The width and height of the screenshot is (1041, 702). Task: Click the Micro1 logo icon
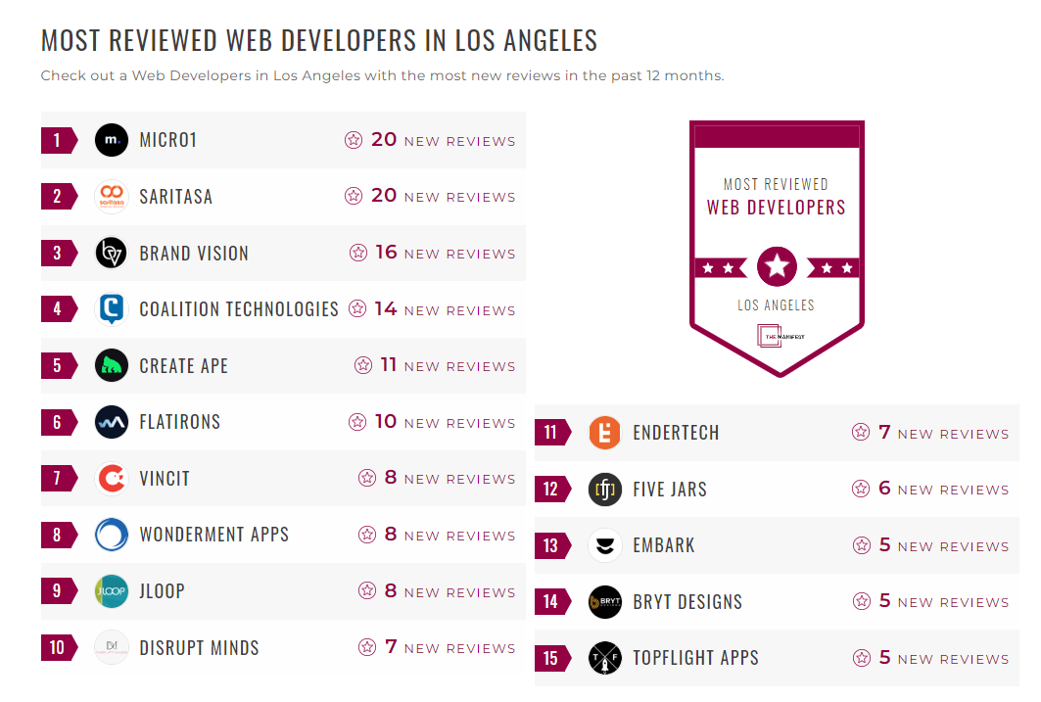tap(112, 140)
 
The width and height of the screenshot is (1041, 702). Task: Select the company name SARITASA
tap(175, 197)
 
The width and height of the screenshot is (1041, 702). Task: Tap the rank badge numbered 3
tap(57, 254)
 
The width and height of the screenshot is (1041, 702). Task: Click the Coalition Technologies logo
tap(112, 309)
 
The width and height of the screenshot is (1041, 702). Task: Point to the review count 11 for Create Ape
tap(389, 365)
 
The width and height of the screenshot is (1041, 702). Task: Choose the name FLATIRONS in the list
tap(179, 422)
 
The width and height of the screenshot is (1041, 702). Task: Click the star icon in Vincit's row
tap(367, 478)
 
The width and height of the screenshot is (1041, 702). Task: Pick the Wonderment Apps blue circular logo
tap(112, 535)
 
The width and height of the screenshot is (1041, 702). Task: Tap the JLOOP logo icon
tap(112, 591)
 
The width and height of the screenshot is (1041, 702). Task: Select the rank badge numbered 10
tap(57, 648)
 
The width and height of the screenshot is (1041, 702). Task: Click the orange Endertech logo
tap(605, 433)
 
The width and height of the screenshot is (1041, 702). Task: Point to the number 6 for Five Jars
tap(884, 489)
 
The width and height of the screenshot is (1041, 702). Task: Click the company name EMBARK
tap(663, 545)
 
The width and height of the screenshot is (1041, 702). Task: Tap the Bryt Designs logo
tap(605, 602)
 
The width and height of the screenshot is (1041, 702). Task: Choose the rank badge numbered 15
tap(550, 659)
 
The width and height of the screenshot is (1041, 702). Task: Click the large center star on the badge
tap(777, 266)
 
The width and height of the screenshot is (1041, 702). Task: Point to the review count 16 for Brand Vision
tap(386, 253)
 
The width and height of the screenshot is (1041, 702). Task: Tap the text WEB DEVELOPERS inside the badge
tap(776, 208)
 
